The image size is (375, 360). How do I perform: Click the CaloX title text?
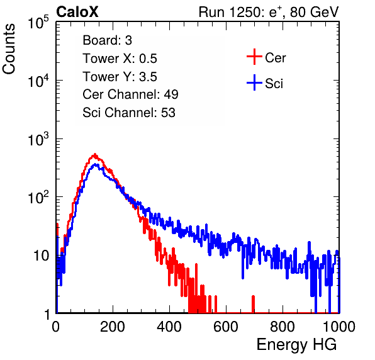click(77, 12)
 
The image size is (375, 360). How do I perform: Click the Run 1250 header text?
click(269, 12)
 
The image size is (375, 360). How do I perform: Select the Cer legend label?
click(275, 58)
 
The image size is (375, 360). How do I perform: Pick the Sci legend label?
click(274, 84)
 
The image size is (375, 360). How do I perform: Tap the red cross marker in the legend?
click(254, 57)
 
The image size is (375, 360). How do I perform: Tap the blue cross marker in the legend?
click(254, 82)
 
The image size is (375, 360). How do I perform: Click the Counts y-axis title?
click(9, 49)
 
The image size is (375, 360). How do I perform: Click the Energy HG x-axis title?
click(296, 345)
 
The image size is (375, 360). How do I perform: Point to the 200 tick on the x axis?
click(113, 327)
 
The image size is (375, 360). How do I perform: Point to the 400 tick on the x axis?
click(169, 327)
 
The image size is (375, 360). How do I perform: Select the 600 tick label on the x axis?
click(226, 327)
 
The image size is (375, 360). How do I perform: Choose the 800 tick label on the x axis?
click(283, 327)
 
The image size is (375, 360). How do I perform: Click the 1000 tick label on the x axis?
click(339, 327)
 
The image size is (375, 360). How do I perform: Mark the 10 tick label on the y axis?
click(41, 256)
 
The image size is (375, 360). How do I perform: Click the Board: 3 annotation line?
click(107, 40)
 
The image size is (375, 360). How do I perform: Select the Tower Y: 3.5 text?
click(120, 77)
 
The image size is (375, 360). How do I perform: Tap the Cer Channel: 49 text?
click(130, 94)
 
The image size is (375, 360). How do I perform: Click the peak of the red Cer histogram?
click(95, 155)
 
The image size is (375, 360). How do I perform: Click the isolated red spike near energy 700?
click(253, 304)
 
